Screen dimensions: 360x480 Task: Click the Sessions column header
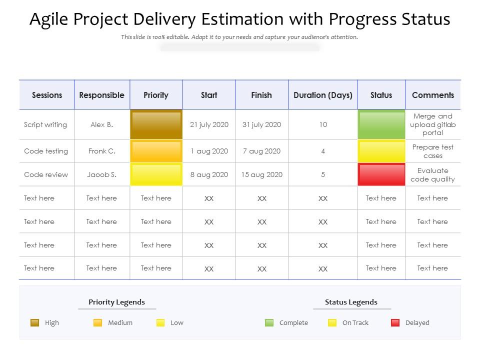coord(47,95)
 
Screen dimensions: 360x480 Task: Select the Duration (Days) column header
coord(323,95)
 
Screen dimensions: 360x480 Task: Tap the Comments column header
coord(433,95)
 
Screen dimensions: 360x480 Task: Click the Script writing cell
coord(45,124)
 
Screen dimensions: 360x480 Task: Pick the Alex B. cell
coord(101,124)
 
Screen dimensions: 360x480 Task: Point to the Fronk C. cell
coord(101,151)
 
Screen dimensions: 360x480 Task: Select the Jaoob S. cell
coord(101,174)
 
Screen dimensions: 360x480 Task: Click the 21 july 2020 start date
coord(209,124)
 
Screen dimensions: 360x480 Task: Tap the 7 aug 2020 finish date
coord(261,151)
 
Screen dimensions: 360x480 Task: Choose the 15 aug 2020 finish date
coord(261,174)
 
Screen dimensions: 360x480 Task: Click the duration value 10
coord(323,124)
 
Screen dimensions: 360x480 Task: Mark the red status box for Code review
coord(381,174)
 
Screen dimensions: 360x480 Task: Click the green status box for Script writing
coord(381,124)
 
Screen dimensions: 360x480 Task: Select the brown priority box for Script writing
coord(156,124)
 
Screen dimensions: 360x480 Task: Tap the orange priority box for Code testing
coord(156,151)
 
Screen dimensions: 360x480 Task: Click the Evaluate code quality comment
coord(433,175)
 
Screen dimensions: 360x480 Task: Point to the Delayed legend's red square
coord(395,322)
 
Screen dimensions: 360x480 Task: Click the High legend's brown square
coord(34,322)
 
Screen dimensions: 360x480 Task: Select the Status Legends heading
coord(351,302)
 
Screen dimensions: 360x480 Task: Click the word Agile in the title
coord(48,20)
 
